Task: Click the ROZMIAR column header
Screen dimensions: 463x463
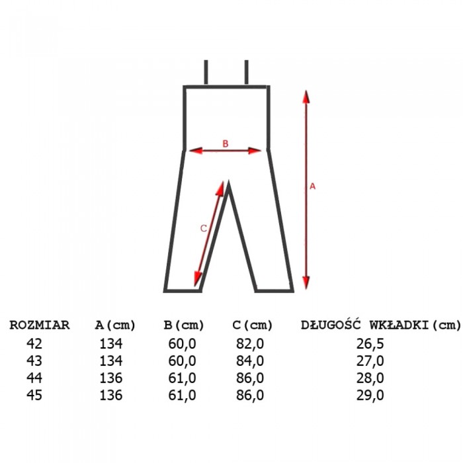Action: coord(40,325)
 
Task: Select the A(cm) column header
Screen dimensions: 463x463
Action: coord(115,325)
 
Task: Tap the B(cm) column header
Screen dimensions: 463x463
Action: coord(184,325)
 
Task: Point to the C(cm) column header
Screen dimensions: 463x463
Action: coord(253,325)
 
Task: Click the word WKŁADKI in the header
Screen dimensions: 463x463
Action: coord(400,325)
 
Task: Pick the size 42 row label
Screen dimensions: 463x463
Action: coord(34,344)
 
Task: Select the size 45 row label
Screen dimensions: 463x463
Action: coord(34,395)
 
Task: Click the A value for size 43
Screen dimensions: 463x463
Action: coord(111,361)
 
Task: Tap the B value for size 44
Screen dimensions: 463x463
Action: coord(182,378)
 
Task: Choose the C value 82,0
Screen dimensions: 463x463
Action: coord(250,344)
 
